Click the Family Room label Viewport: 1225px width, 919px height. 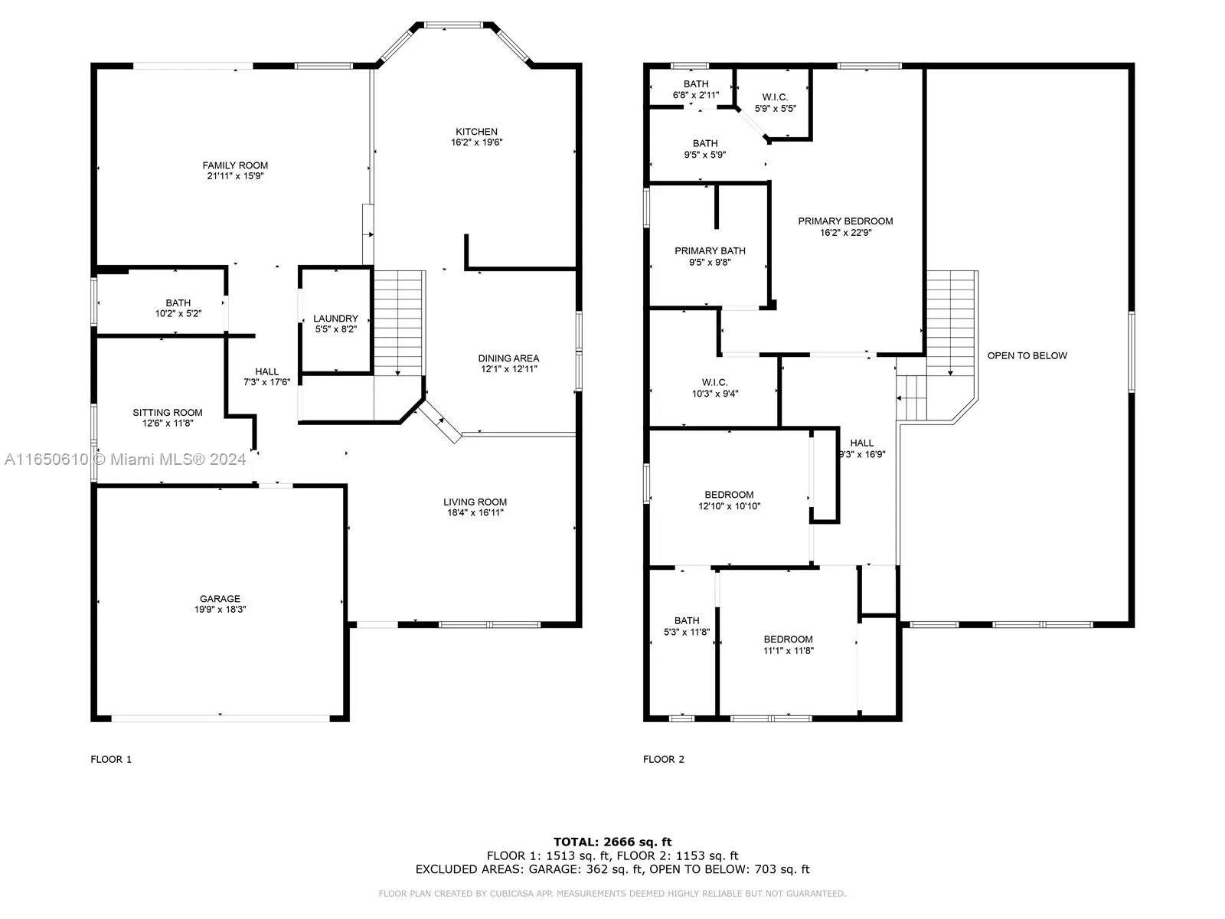pyautogui.click(x=235, y=165)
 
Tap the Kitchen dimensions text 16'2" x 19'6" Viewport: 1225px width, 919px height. pyautogui.click(x=477, y=142)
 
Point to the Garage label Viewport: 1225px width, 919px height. pyautogui.click(x=220, y=599)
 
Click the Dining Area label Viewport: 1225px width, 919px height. pyautogui.click(x=508, y=358)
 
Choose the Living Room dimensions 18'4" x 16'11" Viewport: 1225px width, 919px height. pyautogui.click(x=475, y=513)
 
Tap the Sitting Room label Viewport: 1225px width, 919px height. pyautogui.click(x=168, y=413)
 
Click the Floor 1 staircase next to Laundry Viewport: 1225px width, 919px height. pyautogui.click(x=398, y=323)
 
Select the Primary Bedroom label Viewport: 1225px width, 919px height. pyautogui.click(x=845, y=221)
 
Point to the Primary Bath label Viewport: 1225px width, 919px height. pyautogui.click(x=710, y=251)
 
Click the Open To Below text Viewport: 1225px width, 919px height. pyautogui.click(x=1027, y=356)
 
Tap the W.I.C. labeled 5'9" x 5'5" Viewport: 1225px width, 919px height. pyautogui.click(x=775, y=103)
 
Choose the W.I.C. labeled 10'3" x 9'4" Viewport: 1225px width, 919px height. pyautogui.click(x=715, y=388)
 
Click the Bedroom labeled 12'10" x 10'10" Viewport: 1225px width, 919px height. pyautogui.click(x=729, y=501)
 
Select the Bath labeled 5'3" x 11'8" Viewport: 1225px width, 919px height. pyautogui.click(x=687, y=626)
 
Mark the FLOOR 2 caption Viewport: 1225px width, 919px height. pyautogui.click(x=663, y=760)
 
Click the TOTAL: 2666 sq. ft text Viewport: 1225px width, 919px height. pyautogui.click(x=612, y=842)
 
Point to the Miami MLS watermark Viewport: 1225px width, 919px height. pyautogui.click(x=125, y=459)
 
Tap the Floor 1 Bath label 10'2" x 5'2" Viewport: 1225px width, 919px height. pyautogui.click(x=178, y=309)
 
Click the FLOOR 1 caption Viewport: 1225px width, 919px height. pyautogui.click(x=111, y=760)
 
